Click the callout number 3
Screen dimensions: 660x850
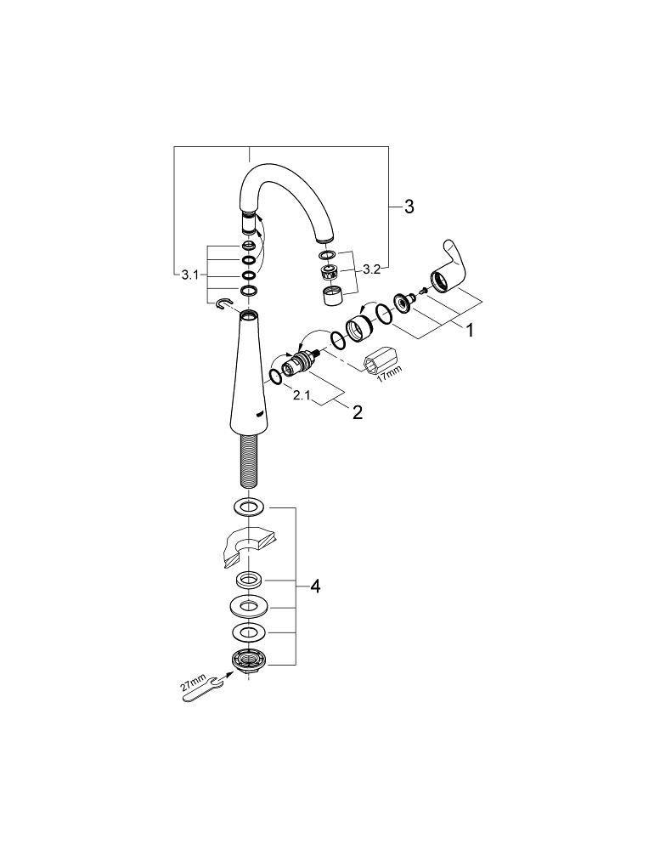pyautogui.click(x=409, y=207)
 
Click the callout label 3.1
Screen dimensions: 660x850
pyautogui.click(x=189, y=275)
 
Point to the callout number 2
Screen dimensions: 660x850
pyautogui.click(x=357, y=412)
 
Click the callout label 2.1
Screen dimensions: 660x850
pyautogui.click(x=302, y=396)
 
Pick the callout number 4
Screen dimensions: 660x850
pyautogui.click(x=315, y=586)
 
